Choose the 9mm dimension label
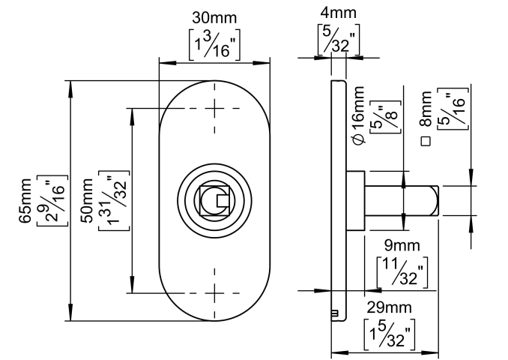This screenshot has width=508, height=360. click(x=401, y=245)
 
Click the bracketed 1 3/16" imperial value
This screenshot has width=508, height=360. click(x=214, y=45)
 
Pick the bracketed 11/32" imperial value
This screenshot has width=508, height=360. click(x=402, y=272)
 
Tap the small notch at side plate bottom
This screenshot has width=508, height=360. click(x=335, y=313)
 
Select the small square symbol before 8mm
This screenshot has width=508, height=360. click(x=426, y=140)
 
